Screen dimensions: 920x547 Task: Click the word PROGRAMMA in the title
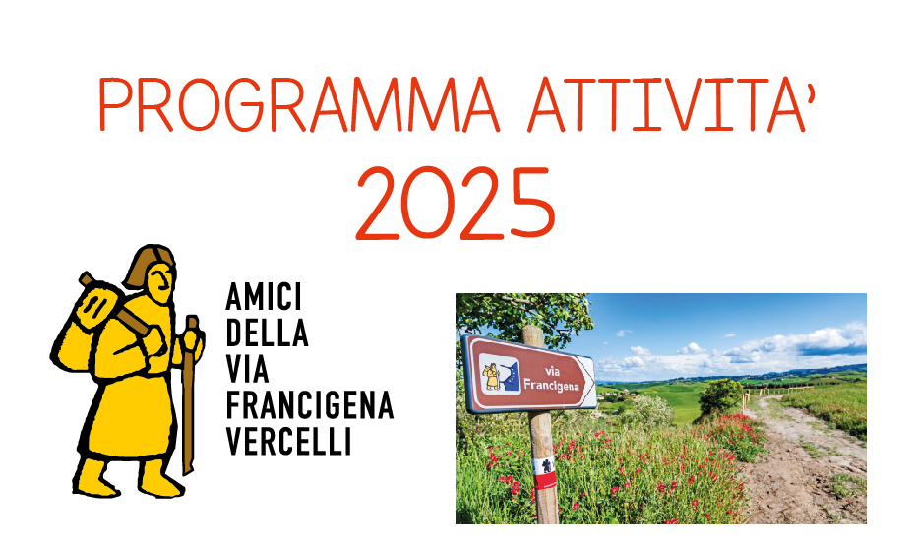tap(298, 104)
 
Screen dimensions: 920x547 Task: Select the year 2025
tap(456, 203)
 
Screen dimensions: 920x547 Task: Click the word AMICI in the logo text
tap(264, 297)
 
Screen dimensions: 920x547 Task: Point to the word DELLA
tap(267, 333)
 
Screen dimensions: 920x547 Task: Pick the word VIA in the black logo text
tap(247, 369)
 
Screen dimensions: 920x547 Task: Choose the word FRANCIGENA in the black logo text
tap(310, 405)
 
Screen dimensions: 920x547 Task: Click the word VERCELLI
tap(288, 442)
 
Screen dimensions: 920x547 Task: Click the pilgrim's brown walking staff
tap(189, 394)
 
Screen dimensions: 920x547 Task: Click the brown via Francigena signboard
tap(528, 375)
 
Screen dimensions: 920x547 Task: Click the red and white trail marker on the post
tap(544, 472)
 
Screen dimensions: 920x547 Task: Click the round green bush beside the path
tap(719, 397)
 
